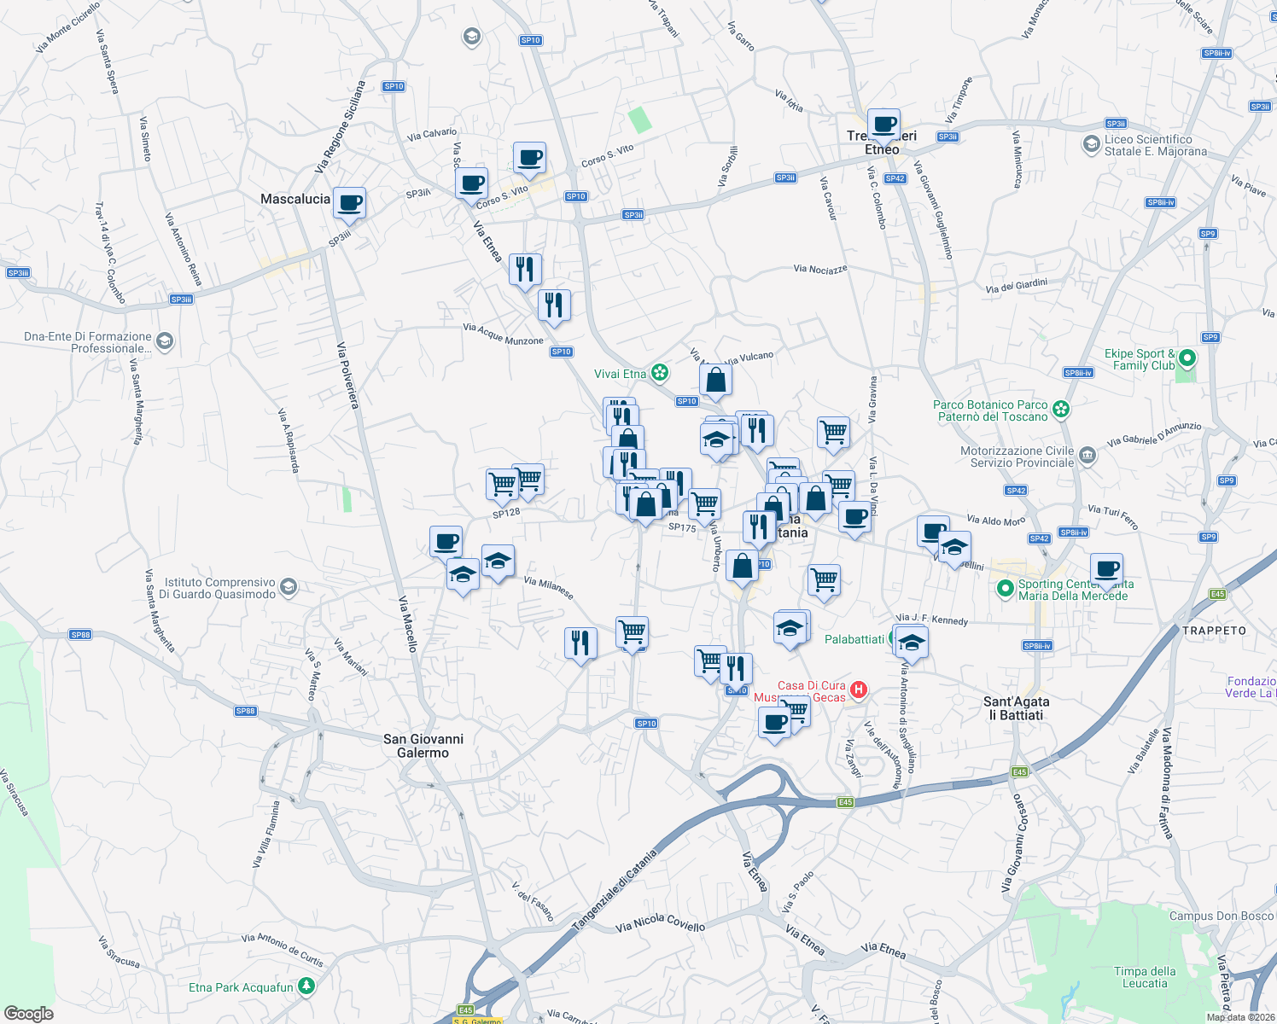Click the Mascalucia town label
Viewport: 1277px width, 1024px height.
tap(294, 199)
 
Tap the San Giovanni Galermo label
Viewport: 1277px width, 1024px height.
tap(423, 746)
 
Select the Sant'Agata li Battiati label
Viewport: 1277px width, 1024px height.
tap(1016, 708)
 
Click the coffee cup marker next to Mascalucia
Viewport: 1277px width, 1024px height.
tap(349, 204)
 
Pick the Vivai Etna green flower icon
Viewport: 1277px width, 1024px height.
tap(659, 373)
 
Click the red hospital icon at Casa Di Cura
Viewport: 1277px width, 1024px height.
tap(859, 689)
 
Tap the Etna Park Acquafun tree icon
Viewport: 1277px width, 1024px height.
tap(306, 986)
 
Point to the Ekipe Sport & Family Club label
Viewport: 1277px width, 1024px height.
tap(1140, 359)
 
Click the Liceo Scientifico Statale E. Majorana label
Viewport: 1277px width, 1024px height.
tap(1156, 145)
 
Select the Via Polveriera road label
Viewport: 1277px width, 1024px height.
tap(348, 375)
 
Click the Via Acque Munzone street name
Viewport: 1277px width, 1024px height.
tap(503, 334)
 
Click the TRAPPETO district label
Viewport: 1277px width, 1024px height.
tap(1214, 631)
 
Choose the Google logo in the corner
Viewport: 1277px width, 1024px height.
tap(29, 1013)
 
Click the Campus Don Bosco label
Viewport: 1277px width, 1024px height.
tap(1221, 916)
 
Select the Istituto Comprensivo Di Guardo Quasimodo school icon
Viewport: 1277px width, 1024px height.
tap(289, 586)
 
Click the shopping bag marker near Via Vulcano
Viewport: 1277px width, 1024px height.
tap(715, 381)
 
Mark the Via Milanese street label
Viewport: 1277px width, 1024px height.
tap(548, 587)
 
